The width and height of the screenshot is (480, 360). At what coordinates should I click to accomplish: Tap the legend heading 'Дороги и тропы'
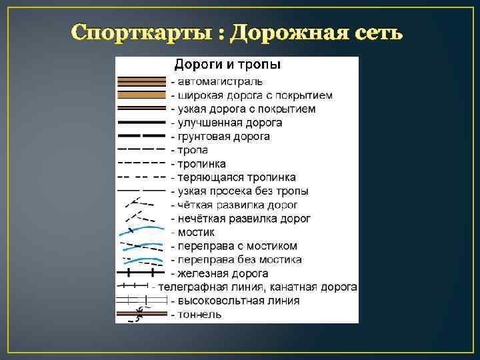[x=227, y=65]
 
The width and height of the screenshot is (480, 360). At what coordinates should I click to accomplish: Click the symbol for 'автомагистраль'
[x=141, y=81]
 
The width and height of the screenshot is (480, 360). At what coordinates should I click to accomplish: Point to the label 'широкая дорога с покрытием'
[x=251, y=95]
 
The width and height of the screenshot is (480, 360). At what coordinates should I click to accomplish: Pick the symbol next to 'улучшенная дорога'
[x=141, y=123]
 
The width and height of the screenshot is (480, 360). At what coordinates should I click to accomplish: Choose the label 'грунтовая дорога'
[x=220, y=137]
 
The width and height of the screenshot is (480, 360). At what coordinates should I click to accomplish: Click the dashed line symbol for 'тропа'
[x=141, y=150]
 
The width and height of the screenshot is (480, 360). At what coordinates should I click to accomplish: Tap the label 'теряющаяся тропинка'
[x=233, y=177]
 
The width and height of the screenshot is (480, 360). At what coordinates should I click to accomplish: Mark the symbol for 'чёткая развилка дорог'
[x=140, y=203]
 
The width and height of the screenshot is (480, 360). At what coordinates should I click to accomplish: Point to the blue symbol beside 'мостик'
[x=140, y=231]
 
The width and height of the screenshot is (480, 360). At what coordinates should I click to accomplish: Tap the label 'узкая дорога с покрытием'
[x=243, y=109]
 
